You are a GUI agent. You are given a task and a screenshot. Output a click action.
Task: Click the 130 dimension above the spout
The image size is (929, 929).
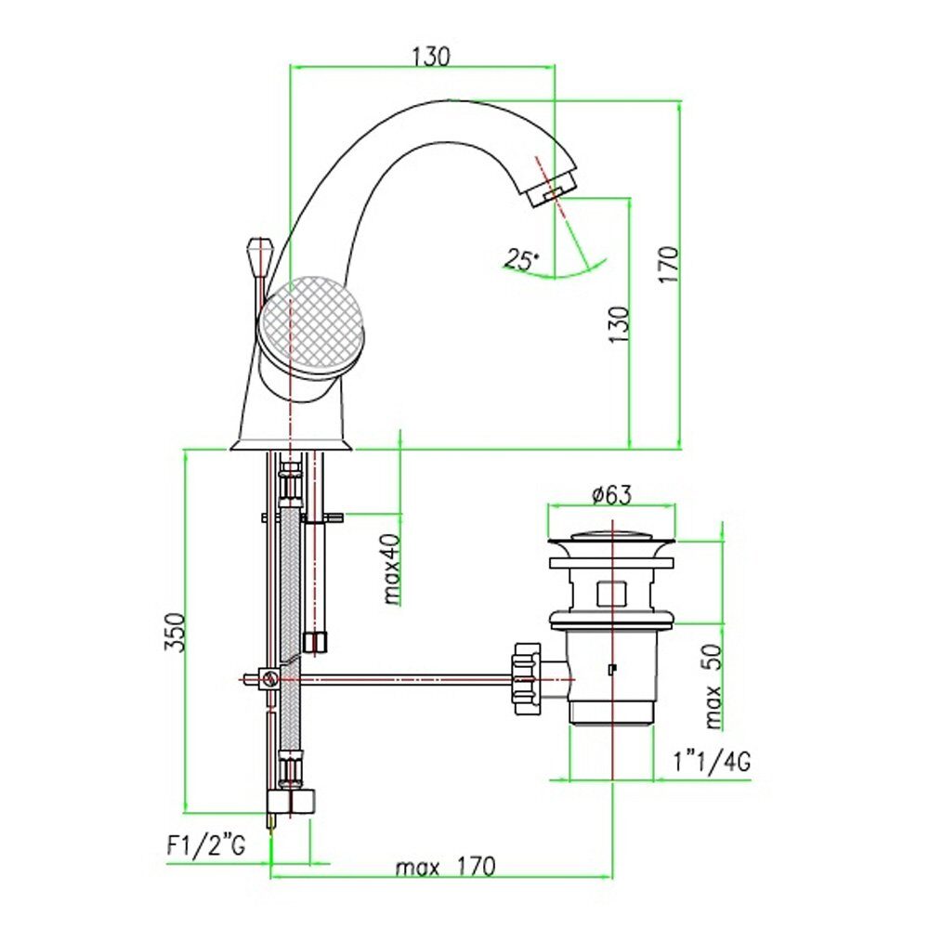431,56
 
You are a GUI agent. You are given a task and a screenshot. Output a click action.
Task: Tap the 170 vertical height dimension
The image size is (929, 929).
669,265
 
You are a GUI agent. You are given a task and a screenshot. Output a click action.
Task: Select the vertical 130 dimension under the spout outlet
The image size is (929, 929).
619,324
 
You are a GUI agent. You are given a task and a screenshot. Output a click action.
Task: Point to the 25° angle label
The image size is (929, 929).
522,259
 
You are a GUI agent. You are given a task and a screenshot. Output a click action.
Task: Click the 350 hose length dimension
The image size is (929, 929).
176,632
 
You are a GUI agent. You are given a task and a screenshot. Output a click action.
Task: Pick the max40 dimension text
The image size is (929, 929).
392,569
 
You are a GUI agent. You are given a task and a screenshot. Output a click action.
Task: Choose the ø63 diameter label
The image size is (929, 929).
612,494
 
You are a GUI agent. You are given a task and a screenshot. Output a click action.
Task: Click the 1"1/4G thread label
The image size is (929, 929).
713,762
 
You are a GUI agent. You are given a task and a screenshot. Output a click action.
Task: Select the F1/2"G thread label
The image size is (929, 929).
205,846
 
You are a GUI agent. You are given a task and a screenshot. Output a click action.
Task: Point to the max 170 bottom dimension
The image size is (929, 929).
445,868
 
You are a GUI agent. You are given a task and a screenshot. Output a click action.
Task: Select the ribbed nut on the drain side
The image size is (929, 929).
526,678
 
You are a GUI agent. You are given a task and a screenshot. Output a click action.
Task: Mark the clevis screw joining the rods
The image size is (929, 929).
270,678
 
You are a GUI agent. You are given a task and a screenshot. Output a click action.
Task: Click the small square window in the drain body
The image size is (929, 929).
612,594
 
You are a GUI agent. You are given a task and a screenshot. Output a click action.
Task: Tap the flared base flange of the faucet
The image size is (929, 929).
292,445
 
